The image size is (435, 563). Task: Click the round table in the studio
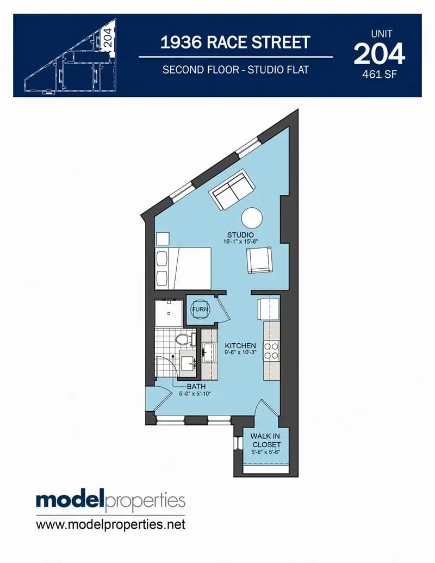click(x=252, y=218)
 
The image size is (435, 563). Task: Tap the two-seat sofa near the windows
click(x=232, y=190)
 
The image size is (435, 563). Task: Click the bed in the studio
click(x=183, y=268)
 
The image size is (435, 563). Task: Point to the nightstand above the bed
click(x=162, y=238)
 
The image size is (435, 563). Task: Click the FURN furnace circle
click(x=200, y=309)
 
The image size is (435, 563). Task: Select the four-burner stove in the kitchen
click(x=271, y=351)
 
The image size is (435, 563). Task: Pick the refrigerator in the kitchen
click(x=269, y=309)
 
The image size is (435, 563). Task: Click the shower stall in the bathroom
click(x=169, y=313)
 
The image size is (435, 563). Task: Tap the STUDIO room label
click(x=240, y=235)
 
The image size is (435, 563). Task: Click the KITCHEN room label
click(x=240, y=345)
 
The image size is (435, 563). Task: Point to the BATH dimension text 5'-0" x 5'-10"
click(x=195, y=393)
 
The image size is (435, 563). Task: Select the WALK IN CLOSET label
click(x=265, y=440)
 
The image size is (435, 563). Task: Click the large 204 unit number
click(x=380, y=54)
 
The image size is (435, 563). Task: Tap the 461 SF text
click(x=380, y=75)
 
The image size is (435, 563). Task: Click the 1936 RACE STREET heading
click(x=235, y=42)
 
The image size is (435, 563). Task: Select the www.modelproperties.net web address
click(x=110, y=524)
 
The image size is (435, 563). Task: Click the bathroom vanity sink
click(x=188, y=363)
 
